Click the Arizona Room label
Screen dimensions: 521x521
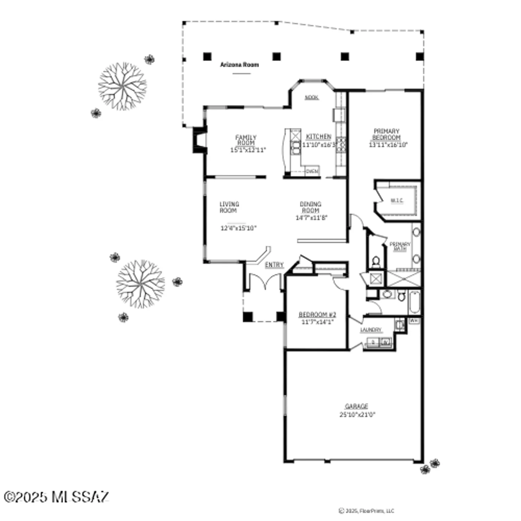[x=239, y=65]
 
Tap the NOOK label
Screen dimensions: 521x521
[x=312, y=98]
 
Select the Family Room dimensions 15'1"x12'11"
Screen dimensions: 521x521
[x=248, y=150]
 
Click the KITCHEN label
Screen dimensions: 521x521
[x=319, y=137]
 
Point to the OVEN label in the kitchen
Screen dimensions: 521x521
[x=312, y=171]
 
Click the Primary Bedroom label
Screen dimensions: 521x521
[x=387, y=134]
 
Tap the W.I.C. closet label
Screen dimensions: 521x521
[x=397, y=200]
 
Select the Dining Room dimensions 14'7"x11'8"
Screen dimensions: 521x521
[x=311, y=218]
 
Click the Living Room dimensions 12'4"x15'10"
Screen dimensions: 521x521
[x=238, y=228]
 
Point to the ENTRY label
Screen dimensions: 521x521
[x=274, y=265]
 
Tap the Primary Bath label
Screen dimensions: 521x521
[x=400, y=246]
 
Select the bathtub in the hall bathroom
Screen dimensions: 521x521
[x=414, y=302]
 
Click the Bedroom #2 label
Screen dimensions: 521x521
[x=317, y=315]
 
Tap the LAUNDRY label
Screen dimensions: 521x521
[x=371, y=330]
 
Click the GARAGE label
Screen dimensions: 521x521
[x=356, y=406]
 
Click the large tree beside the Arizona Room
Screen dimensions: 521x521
[x=122, y=86]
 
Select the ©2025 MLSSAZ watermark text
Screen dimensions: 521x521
[x=56, y=497]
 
